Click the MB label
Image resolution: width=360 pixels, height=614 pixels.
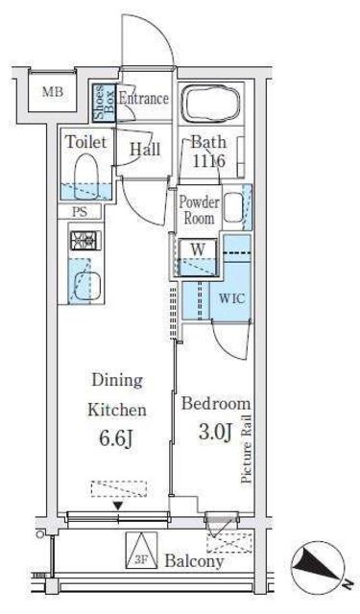(53, 92)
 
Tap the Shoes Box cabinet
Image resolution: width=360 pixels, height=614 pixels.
(105, 103)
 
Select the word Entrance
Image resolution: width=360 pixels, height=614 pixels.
(144, 98)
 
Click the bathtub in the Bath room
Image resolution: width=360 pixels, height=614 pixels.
(212, 103)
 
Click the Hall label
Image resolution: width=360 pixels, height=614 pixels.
(145, 150)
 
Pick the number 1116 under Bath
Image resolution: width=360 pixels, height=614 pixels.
(208, 160)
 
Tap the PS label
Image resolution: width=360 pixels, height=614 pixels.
(80, 212)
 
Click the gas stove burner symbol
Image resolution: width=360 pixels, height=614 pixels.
(85, 240)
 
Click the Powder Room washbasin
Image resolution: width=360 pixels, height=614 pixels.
(233, 207)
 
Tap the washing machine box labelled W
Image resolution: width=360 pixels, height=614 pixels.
(198, 258)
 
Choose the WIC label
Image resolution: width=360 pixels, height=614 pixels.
(232, 298)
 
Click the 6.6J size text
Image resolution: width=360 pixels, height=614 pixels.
(117, 439)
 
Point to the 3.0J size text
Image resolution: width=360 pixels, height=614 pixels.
(215, 432)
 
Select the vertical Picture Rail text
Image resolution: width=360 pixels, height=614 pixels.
(247, 449)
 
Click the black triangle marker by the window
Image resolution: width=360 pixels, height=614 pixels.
(118, 507)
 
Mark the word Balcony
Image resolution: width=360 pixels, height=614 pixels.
(194, 561)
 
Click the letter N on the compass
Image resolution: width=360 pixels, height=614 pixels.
(347, 584)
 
